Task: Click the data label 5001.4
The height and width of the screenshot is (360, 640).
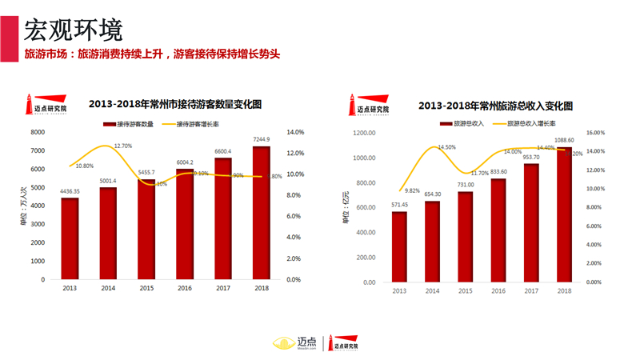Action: [108, 181]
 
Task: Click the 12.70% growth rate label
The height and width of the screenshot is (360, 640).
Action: [123, 146]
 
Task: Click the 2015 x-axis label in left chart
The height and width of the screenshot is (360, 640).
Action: [146, 288]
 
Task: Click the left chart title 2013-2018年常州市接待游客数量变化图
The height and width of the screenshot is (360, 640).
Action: [175, 104]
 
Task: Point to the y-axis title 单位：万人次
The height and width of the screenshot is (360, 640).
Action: [23, 206]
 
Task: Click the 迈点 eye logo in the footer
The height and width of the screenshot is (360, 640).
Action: [283, 342]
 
